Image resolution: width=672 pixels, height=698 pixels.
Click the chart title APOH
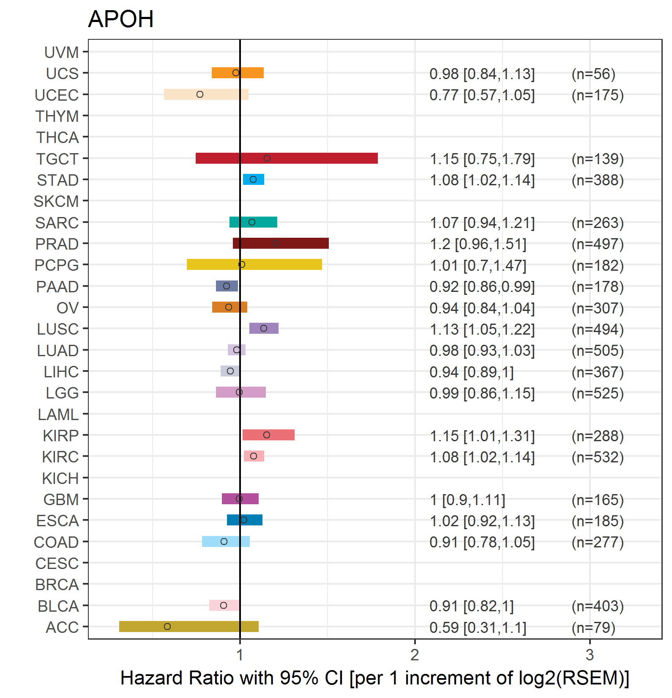coord(120,19)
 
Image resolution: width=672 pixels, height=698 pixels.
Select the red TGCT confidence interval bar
coord(287,158)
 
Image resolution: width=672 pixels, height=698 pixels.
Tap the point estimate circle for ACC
coord(167,627)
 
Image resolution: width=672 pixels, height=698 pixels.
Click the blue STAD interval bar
coord(254,179)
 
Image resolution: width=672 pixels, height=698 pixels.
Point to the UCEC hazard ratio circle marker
coord(200,94)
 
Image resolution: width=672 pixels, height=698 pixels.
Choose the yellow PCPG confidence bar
coord(254,264)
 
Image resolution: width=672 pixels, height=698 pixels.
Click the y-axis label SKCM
coord(56,201)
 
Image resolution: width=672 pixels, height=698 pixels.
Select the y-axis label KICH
coord(60,478)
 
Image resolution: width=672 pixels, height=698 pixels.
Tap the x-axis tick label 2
coord(415,655)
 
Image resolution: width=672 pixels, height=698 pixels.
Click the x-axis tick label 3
coord(590,655)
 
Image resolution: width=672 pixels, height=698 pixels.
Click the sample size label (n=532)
coord(598,457)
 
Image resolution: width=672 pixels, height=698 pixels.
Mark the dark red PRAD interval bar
coord(281,243)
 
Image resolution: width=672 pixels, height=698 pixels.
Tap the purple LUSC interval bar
coord(264,328)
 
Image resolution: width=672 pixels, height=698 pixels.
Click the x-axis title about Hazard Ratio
coord(374,678)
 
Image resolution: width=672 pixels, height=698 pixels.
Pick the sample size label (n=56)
coord(593,74)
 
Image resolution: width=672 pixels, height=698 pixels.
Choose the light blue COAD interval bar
coord(226,541)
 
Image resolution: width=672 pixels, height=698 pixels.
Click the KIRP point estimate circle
coord(267,435)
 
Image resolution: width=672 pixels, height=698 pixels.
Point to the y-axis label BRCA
coord(57,585)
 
